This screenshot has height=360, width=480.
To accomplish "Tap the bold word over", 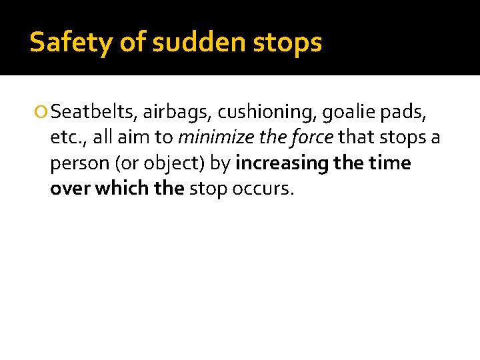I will pyautogui.click(x=69, y=189).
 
